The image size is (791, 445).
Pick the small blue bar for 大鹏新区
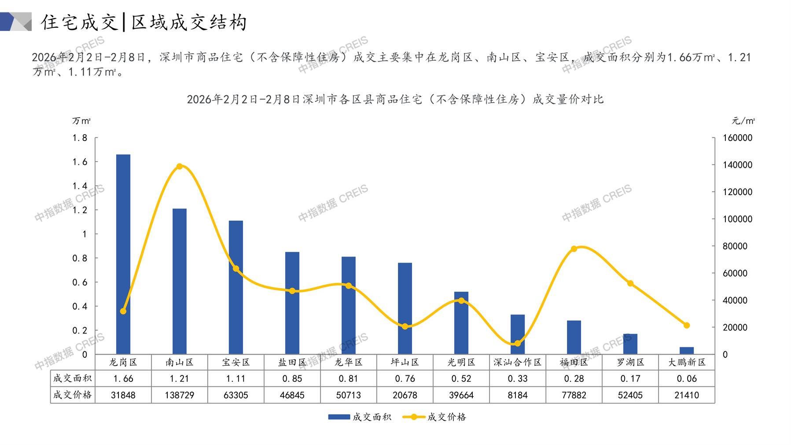(687, 351)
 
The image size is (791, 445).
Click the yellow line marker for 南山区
(180, 167)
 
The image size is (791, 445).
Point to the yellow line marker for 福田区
(574, 249)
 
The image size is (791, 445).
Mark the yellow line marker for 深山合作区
(518, 344)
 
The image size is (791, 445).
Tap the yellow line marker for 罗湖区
(630, 283)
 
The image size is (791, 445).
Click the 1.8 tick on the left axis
(80, 138)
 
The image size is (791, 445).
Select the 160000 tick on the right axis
(738, 138)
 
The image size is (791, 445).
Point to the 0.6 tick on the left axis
(80, 282)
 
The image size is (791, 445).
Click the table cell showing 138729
(180, 395)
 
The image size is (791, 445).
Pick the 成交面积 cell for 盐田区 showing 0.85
(292, 378)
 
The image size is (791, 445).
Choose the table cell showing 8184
(518, 395)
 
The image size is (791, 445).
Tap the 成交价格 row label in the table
(73, 395)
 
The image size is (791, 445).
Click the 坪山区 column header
(405, 362)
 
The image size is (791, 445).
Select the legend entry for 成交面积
(360, 417)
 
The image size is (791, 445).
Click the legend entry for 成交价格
(434, 417)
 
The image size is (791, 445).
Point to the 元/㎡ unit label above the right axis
(743, 121)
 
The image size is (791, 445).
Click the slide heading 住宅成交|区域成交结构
(144, 22)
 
